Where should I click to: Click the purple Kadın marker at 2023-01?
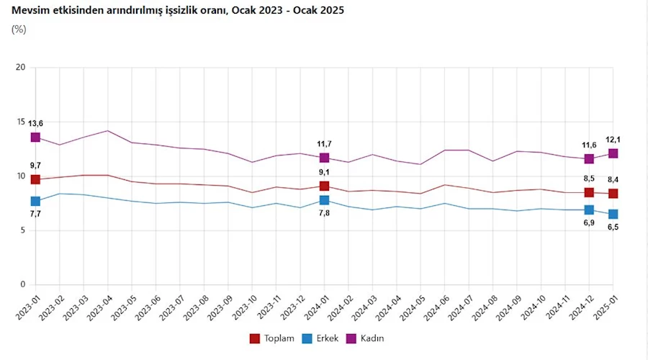point(35,138)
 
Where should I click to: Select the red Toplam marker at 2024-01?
point(325,186)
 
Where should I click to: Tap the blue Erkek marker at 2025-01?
point(613,214)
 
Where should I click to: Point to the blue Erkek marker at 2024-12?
point(589,210)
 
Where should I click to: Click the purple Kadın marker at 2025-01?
point(613,153)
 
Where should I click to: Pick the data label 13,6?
point(36,123)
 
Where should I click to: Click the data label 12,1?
point(613,139)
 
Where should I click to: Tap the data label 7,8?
point(325,214)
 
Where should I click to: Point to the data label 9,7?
point(36,166)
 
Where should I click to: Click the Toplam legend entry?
point(272,338)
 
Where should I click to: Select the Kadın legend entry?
point(372,338)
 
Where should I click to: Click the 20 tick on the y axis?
point(21,68)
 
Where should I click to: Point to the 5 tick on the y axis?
point(23,230)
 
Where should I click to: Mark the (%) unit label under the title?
point(19,30)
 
